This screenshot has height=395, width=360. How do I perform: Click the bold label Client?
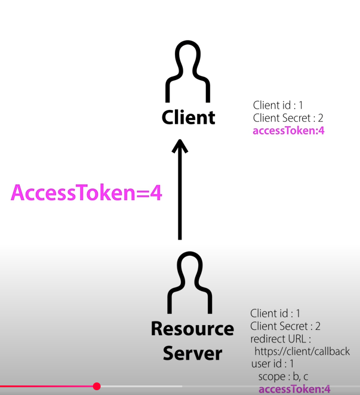[188, 117]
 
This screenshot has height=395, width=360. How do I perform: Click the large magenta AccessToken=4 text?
[87, 193]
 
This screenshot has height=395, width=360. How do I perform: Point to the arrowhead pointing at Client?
[180, 147]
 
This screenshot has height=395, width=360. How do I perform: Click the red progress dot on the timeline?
[97, 387]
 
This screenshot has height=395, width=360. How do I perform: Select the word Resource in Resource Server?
[192, 329]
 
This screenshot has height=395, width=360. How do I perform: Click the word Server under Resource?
[192, 353]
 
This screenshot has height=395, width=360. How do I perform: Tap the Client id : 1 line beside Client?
[278, 105]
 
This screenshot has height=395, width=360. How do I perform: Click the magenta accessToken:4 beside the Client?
[289, 131]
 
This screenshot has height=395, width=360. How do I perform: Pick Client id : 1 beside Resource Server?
[275, 313]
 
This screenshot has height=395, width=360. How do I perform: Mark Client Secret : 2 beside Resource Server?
[285, 326]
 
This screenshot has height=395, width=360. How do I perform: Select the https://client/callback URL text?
[301, 351]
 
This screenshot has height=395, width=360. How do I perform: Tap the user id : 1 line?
[273, 364]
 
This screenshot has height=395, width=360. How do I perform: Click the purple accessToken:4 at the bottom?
[294, 390]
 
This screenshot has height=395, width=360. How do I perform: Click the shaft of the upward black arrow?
[180, 197]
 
